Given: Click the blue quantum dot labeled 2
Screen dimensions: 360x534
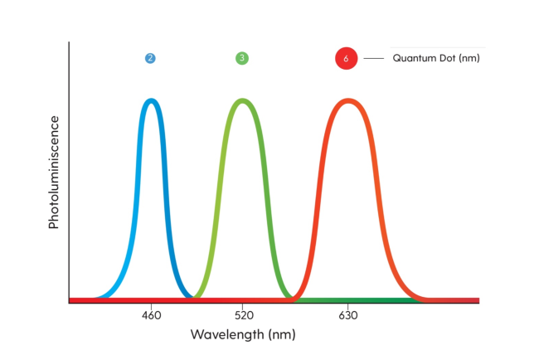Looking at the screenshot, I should coord(150,58).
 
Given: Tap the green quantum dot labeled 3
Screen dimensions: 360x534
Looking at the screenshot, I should coord(241,58).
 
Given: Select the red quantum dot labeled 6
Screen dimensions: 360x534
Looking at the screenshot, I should coord(346,59).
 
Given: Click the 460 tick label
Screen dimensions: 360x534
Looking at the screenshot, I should coord(151,316).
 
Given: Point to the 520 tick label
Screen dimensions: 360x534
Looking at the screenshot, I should coord(242,316).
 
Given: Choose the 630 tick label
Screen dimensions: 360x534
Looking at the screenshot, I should coord(348,316).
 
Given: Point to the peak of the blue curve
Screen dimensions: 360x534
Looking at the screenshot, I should coord(151,100).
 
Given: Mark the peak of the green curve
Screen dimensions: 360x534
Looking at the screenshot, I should coord(242,100).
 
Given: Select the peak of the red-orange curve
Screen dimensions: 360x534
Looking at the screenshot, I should coord(348,100).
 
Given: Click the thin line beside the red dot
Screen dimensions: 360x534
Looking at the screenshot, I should coord(374,59).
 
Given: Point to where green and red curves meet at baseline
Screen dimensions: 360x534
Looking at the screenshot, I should coord(293,297).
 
